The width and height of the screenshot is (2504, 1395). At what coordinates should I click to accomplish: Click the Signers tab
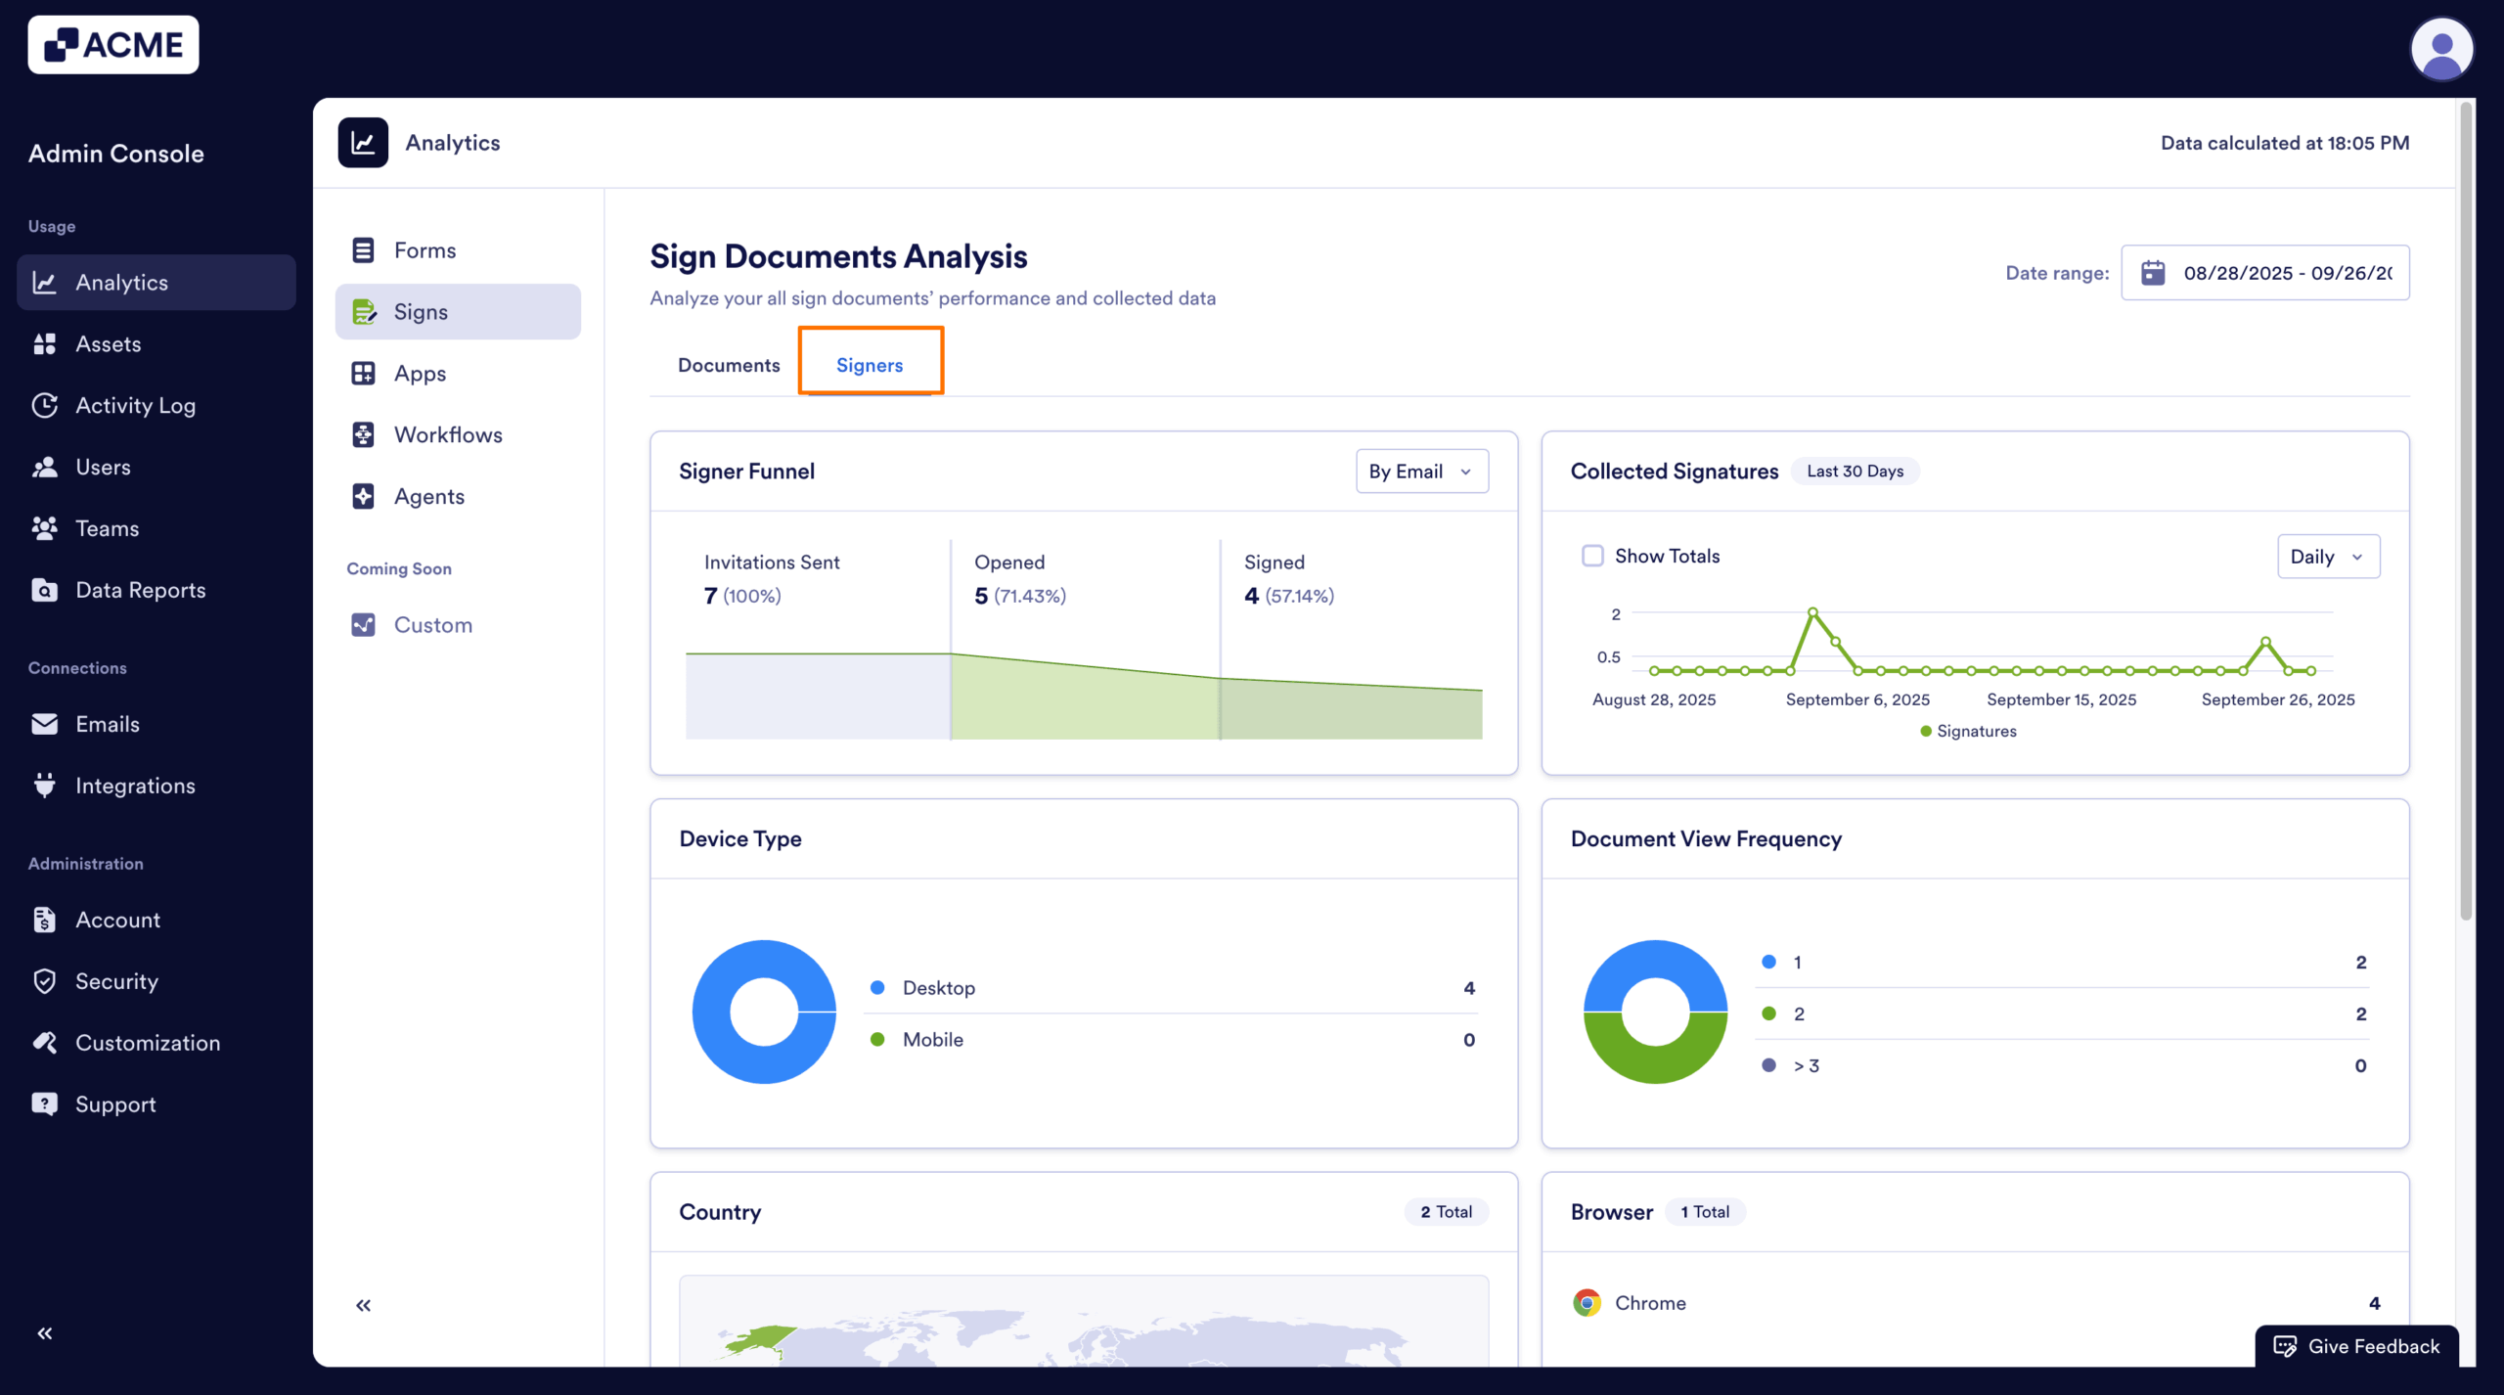point(870,365)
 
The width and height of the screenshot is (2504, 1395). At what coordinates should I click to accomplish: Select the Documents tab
point(729,365)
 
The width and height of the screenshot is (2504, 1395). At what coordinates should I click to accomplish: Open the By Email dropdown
point(1421,472)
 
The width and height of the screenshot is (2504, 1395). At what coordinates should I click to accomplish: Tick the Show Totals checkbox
point(1592,557)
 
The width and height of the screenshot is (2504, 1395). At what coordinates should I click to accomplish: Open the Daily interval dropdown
point(2327,557)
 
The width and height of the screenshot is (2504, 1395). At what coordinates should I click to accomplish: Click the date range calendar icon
point(2153,273)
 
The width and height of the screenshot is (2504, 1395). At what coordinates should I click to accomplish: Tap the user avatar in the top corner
point(2440,49)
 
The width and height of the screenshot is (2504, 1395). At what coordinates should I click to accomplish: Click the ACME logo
point(113,45)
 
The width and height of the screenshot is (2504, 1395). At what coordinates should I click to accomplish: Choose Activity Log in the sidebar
point(135,406)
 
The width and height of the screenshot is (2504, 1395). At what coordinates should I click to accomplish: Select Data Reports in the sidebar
point(140,590)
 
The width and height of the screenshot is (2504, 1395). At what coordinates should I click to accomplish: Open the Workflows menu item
point(447,435)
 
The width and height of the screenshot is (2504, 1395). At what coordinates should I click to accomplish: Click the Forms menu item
point(425,250)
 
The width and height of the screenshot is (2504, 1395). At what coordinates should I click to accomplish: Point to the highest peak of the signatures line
point(1812,612)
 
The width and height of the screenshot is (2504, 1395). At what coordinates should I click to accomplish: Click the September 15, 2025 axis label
point(2061,699)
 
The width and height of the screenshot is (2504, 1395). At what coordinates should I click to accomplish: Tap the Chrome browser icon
point(1587,1303)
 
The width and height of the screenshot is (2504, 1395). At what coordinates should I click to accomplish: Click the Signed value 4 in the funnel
point(1251,596)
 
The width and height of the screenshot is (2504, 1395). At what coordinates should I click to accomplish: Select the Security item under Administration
point(116,981)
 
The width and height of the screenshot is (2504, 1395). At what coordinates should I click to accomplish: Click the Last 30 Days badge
point(1855,472)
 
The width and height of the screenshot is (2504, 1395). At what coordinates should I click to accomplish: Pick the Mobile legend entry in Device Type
point(932,1040)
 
